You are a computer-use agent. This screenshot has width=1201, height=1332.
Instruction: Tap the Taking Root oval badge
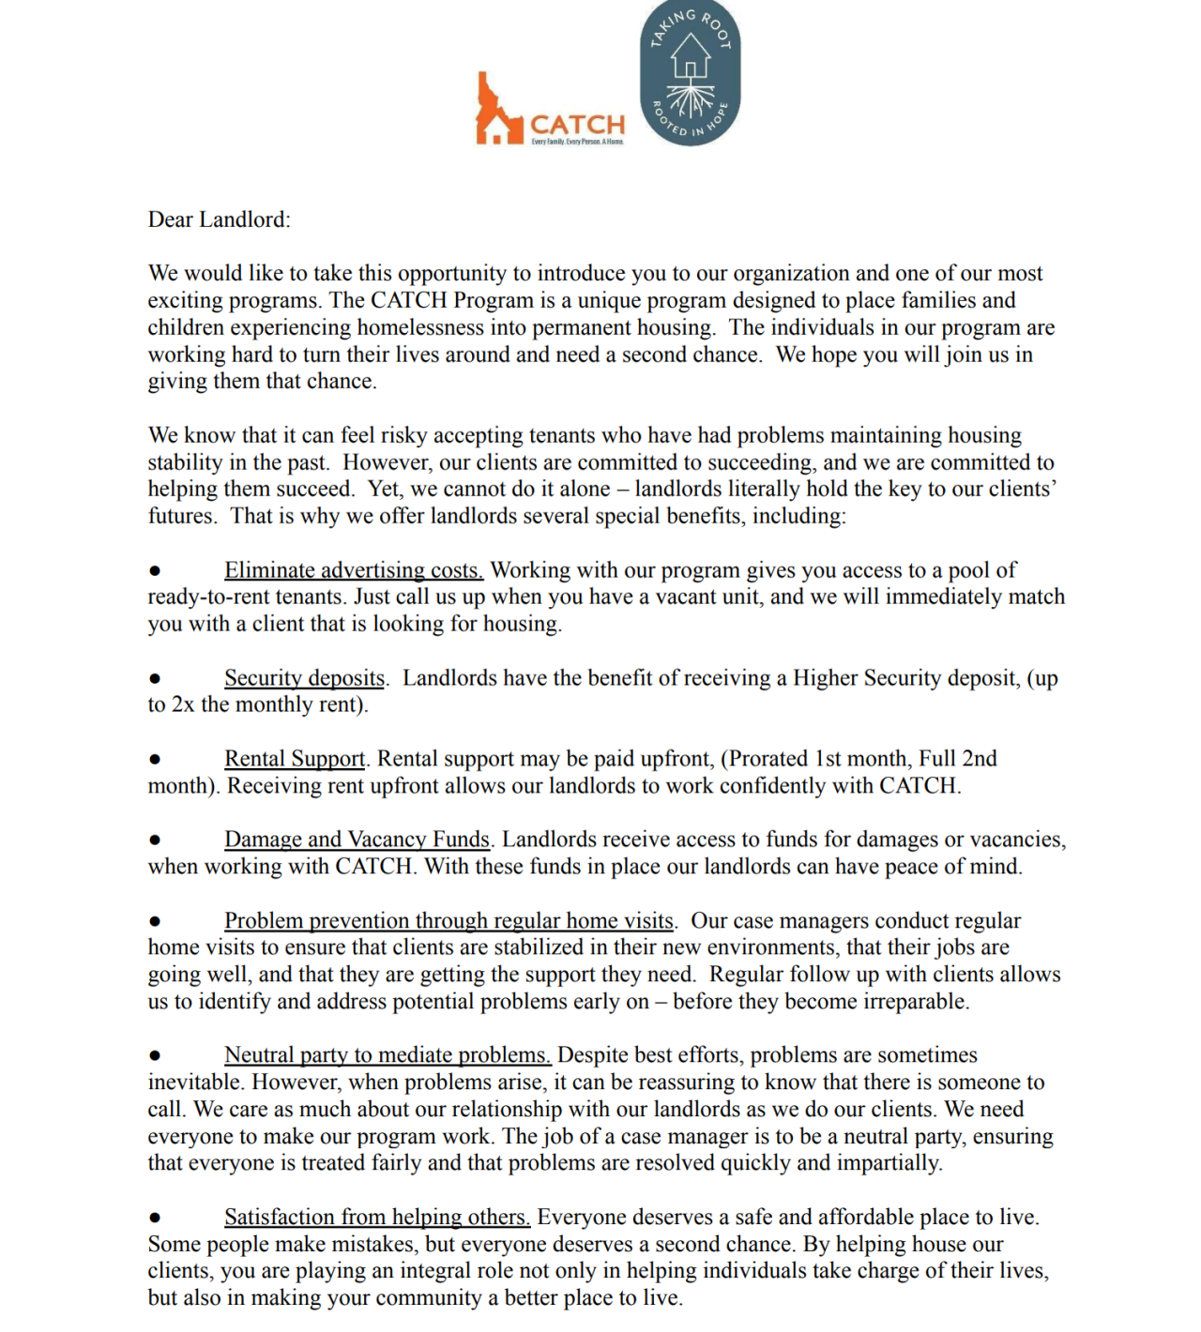pos(690,73)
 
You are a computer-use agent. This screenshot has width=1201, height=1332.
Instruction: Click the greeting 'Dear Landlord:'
pos(219,219)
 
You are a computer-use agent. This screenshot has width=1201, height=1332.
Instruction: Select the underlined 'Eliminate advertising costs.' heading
pos(354,570)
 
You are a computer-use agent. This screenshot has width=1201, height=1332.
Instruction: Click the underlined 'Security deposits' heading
pos(304,678)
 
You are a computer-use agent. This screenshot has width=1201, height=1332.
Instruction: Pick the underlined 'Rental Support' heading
pos(295,759)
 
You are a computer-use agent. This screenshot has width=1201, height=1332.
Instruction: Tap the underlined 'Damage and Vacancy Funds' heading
pos(357,840)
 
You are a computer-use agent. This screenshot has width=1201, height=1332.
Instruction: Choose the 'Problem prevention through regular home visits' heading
pos(448,921)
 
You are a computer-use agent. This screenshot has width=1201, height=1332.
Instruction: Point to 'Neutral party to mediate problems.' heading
pos(387,1055)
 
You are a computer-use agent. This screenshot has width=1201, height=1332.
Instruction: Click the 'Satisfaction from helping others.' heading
pos(377,1218)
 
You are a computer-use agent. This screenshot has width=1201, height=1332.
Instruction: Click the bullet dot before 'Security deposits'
pos(155,678)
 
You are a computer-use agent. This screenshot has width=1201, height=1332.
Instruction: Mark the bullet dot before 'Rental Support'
pos(155,759)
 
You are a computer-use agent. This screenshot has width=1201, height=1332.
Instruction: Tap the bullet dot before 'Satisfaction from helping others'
pos(155,1218)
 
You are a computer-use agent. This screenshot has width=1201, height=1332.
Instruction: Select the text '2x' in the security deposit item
pos(183,705)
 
